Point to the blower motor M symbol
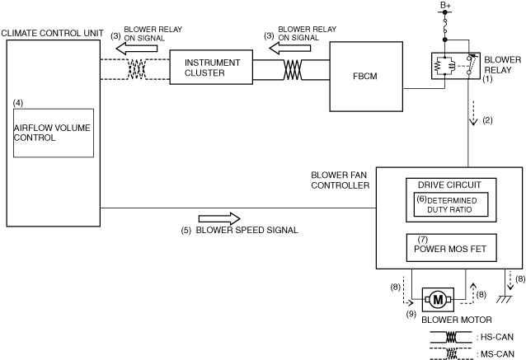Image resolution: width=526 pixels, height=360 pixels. (x=438, y=299)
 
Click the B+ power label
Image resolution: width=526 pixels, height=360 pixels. (x=445, y=5)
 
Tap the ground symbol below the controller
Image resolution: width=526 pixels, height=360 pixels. (x=504, y=299)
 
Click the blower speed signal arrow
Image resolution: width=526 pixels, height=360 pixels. (x=219, y=219)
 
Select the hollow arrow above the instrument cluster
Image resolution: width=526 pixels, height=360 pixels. (x=290, y=49)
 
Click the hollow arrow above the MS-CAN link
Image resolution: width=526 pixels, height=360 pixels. (x=137, y=49)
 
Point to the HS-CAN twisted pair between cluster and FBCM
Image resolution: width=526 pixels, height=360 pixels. (x=293, y=70)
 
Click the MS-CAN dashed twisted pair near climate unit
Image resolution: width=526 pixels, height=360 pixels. (x=137, y=69)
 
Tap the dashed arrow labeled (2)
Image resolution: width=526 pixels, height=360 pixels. (x=473, y=113)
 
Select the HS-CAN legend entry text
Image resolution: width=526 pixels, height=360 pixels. (x=495, y=337)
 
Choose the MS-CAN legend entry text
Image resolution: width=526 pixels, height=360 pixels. (x=495, y=354)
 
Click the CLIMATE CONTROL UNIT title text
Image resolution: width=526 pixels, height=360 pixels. (x=52, y=33)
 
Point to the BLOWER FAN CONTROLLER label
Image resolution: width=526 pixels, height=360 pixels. (x=340, y=180)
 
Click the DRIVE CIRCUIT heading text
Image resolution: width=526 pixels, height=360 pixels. (x=449, y=185)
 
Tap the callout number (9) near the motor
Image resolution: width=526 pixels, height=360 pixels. (x=411, y=314)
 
